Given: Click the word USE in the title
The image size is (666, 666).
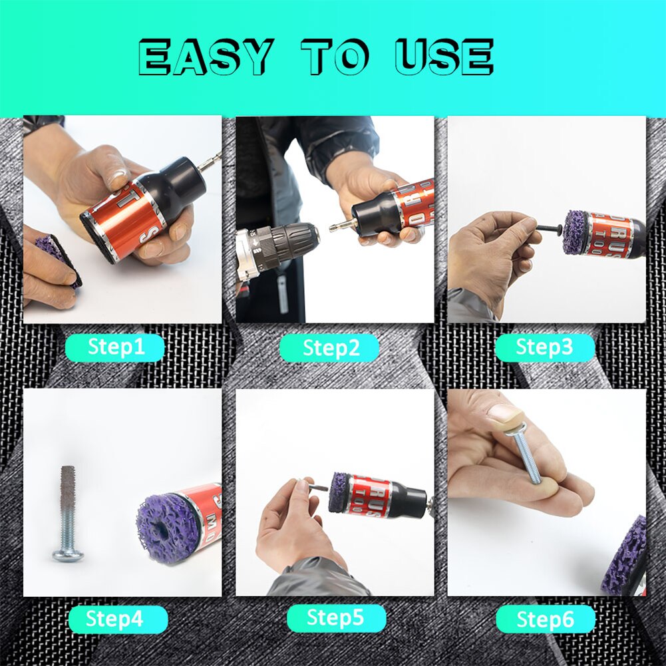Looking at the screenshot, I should pos(444,57).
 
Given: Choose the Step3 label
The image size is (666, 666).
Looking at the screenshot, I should pos(544,347).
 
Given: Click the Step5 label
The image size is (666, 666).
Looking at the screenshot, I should pos(335,618).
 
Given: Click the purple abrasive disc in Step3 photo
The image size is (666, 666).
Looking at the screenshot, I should pos(574,233).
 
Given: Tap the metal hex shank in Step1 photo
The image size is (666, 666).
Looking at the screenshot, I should pos(211,160).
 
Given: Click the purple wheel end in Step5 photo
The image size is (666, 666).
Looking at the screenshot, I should pos(339,492).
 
